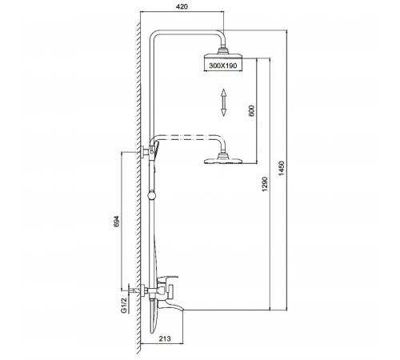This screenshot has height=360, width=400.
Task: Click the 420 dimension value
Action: [182, 6]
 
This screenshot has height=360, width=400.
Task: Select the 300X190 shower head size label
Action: [223, 66]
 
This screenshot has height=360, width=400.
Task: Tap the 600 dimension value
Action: [251, 111]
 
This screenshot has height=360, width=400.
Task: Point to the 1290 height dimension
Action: [265, 184]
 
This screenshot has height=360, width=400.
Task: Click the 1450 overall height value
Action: [282, 168]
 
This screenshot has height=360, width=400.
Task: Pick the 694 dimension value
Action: [117, 221]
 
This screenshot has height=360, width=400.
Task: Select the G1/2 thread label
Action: [123, 306]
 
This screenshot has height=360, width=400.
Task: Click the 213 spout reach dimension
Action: [165, 338]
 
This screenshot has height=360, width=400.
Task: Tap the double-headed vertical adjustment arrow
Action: [223, 102]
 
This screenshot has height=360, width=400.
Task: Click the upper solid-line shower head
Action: [223, 56]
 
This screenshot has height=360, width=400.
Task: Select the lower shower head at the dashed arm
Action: [223, 161]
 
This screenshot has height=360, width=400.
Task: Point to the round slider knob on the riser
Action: [151, 196]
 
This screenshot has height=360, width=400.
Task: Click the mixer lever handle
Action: [167, 278]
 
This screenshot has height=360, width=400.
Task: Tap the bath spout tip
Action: [182, 310]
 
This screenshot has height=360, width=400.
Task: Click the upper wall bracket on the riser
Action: [144, 152]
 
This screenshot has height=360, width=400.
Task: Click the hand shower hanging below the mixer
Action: [154, 317]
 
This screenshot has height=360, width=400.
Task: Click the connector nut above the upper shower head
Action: [223, 50]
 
